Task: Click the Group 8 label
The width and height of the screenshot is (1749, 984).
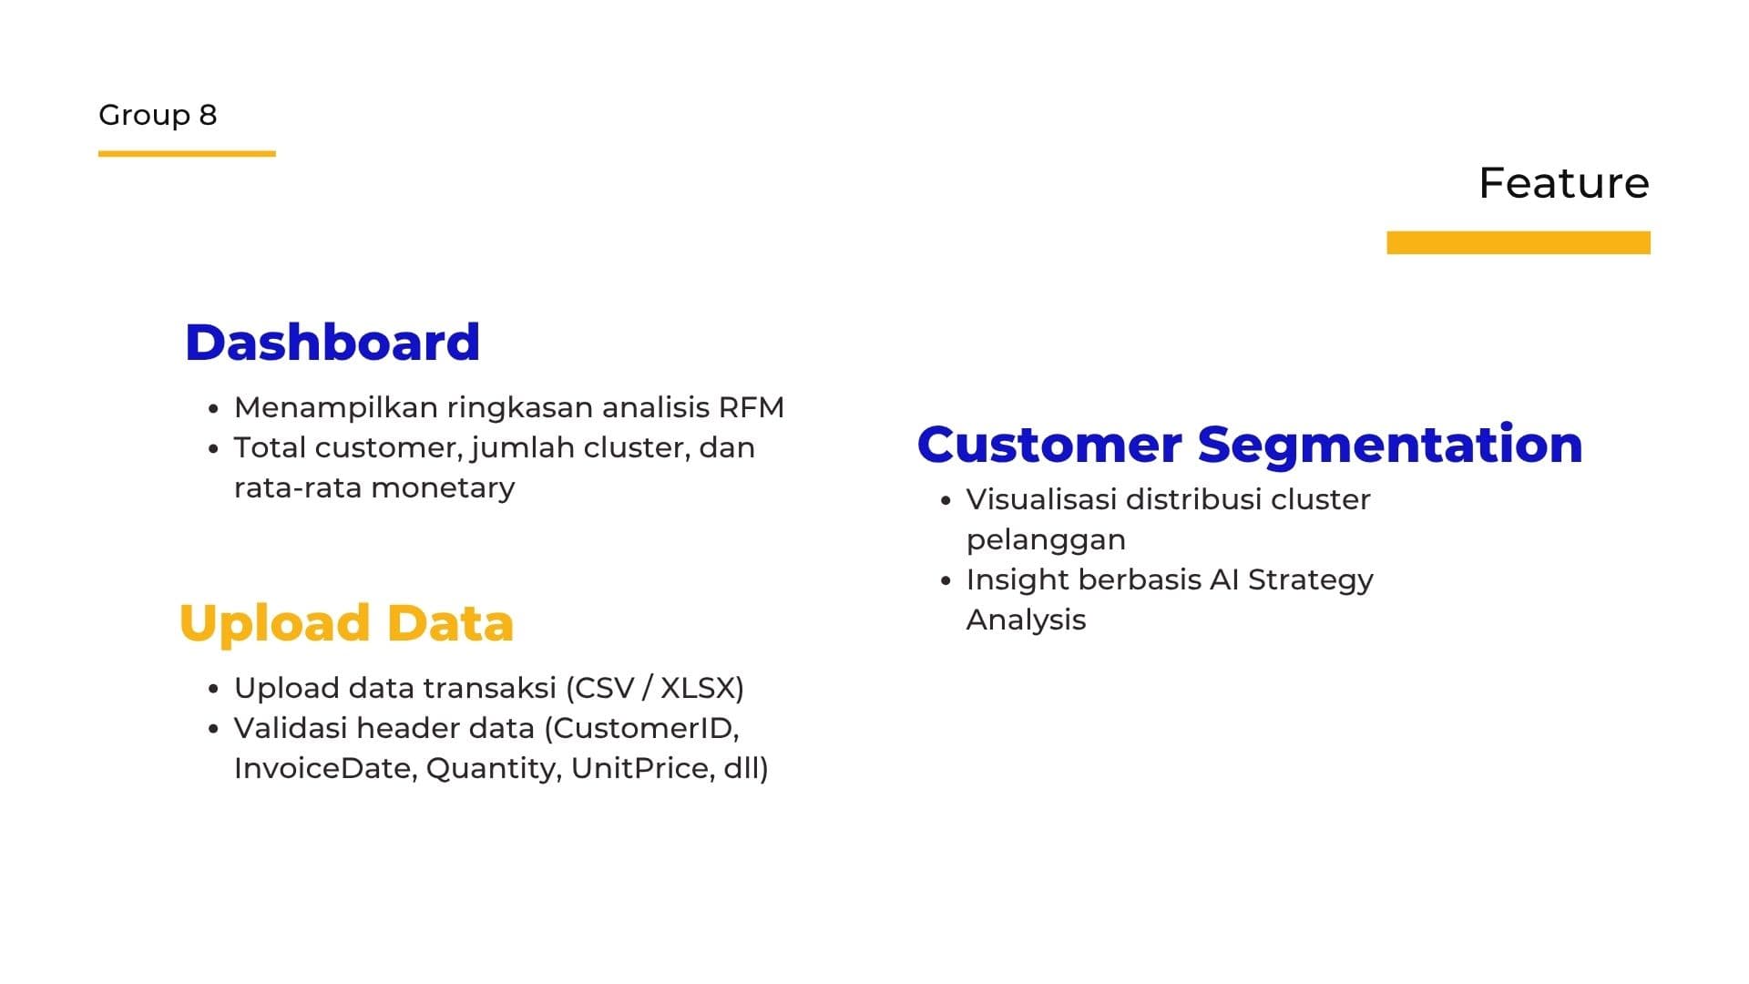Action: pos(158,115)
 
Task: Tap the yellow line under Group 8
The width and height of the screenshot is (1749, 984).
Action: pos(187,154)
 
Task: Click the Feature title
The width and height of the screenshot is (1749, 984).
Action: pos(1563,183)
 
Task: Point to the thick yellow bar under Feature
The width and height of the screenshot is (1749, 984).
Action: pos(1518,242)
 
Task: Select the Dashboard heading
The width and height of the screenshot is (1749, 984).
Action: pos(332,343)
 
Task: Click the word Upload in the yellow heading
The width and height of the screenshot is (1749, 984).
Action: pos(274,624)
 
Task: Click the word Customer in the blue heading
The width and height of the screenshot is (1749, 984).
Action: pos(1048,445)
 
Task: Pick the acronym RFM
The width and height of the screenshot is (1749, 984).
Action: pos(751,407)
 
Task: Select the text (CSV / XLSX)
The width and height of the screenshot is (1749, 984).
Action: pos(655,688)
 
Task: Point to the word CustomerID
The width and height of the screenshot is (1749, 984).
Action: pos(645,728)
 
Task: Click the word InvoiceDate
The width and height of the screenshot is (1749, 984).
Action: pos(325,768)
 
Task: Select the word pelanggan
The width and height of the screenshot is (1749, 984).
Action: pos(1046,540)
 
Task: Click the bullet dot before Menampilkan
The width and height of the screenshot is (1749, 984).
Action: pos(213,409)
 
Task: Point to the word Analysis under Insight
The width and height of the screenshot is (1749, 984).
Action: pos(1026,620)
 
